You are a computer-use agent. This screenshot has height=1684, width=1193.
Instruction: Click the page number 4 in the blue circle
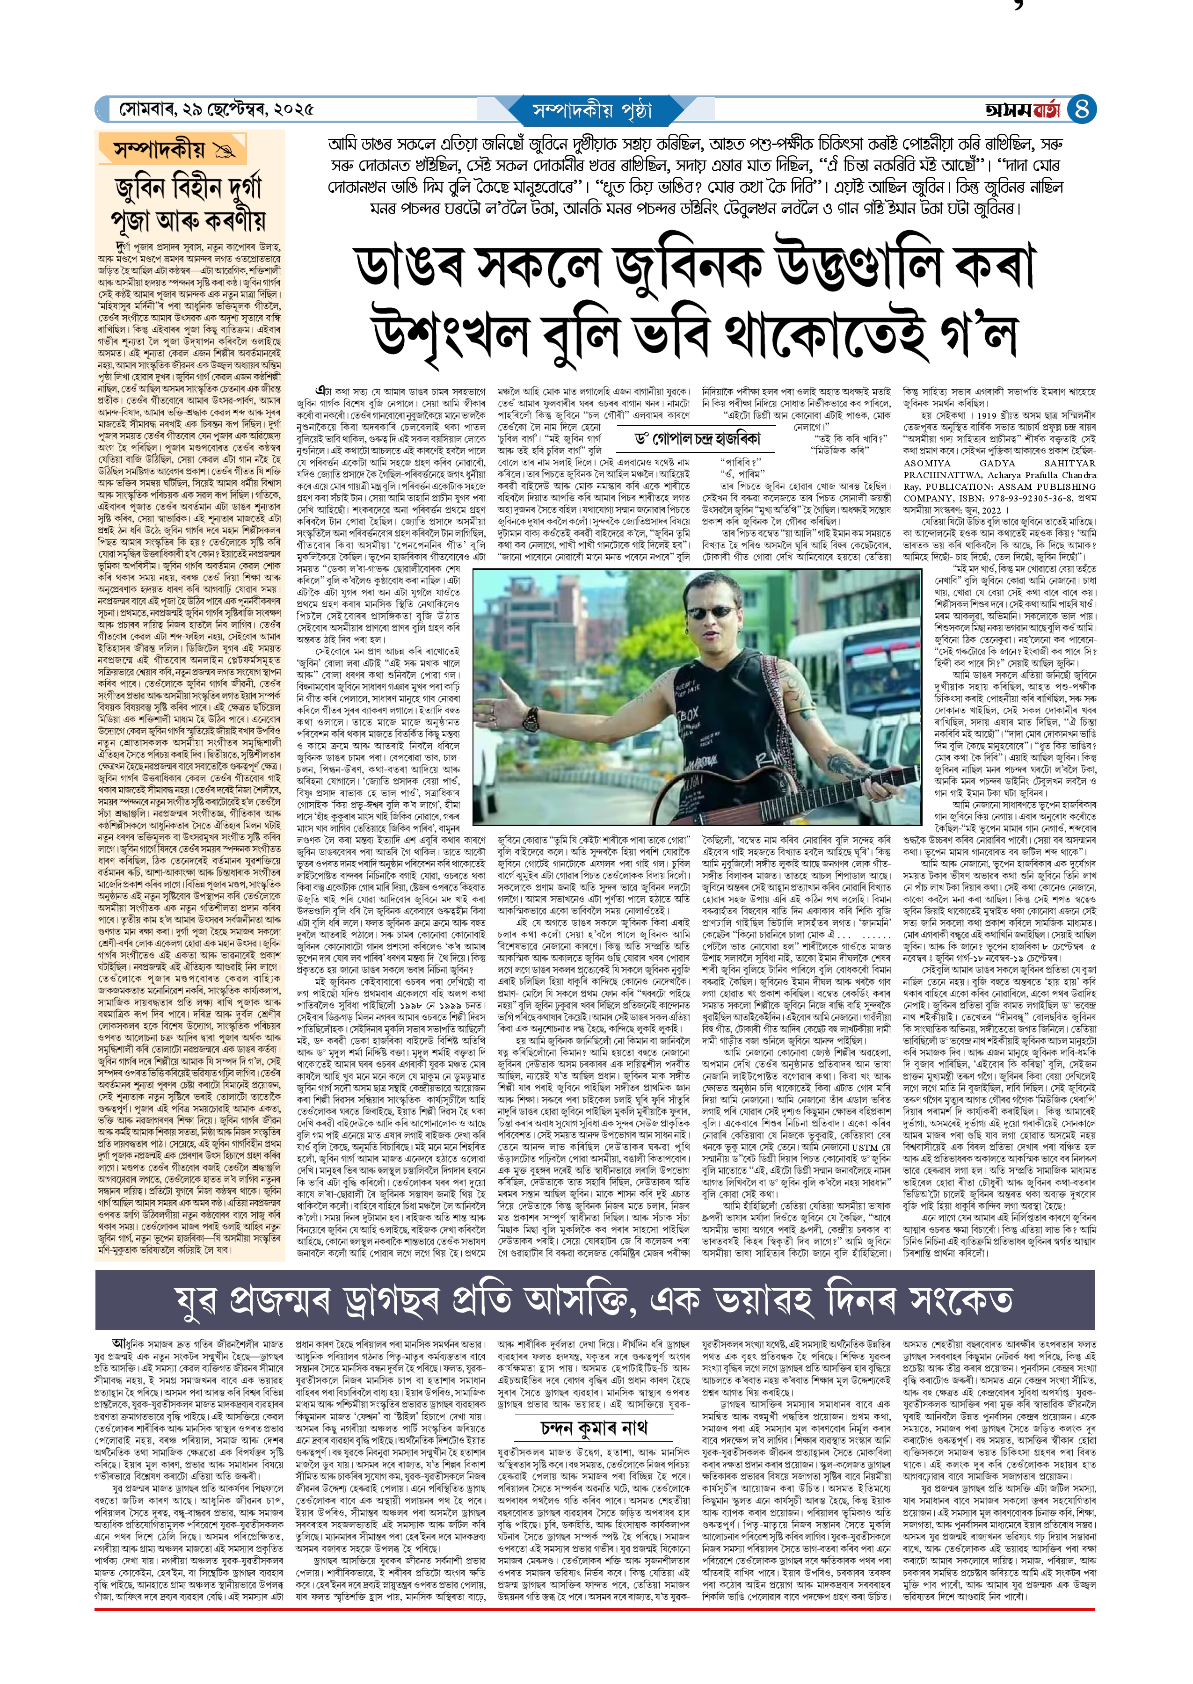click(x=1081, y=109)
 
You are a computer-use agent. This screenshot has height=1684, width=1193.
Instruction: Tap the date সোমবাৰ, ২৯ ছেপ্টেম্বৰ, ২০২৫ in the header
click(x=217, y=110)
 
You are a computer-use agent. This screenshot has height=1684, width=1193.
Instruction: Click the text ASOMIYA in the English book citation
click(x=927, y=464)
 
